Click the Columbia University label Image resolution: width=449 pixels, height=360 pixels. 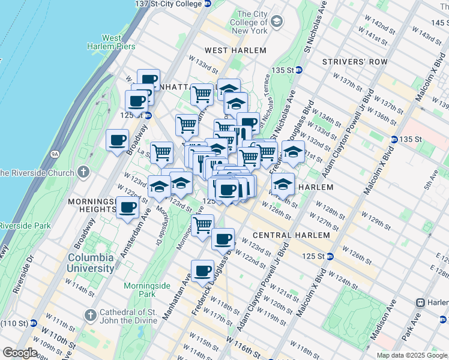(x=91, y=263)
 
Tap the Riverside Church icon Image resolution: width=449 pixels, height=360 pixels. (x=83, y=173)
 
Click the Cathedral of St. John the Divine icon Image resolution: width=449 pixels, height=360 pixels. (x=90, y=314)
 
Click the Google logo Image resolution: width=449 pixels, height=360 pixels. (x=20, y=353)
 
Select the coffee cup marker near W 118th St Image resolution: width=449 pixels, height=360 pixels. (x=202, y=271)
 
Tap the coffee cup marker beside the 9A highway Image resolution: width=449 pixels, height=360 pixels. (x=117, y=140)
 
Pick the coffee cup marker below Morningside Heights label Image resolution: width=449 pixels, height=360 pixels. (x=127, y=209)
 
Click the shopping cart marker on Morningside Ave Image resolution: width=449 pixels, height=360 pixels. (x=202, y=226)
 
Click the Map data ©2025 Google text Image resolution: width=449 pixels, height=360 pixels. (x=411, y=355)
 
